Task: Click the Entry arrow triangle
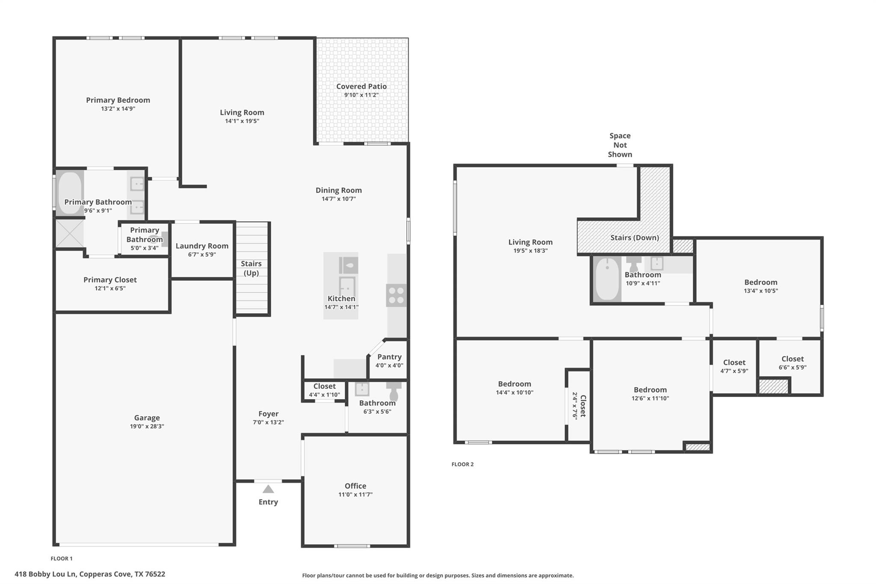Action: pos(268,489)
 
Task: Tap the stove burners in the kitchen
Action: pos(396,295)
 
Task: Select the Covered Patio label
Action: pos(361,86)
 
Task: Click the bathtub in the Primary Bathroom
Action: pos(69,193)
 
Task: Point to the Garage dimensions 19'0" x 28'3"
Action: pos(147,426)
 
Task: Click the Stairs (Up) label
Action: pos(251,268)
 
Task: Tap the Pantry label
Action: pos(389,357)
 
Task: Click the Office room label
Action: pos(355,486)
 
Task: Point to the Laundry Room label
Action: pos(202,246)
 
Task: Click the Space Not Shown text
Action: pos(620,145)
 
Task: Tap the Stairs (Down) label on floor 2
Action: pos(634,237)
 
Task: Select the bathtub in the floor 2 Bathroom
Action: pos(607,279)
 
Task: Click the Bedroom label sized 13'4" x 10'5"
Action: pos(761,282)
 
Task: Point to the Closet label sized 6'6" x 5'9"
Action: pos(792,359)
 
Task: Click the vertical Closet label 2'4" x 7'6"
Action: pos(580,406)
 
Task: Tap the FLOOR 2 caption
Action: pos(462,464)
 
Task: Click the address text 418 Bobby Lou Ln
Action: pos(90,574)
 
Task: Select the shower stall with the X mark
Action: pos(69,233)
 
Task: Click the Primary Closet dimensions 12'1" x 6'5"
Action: pos(110,288)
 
